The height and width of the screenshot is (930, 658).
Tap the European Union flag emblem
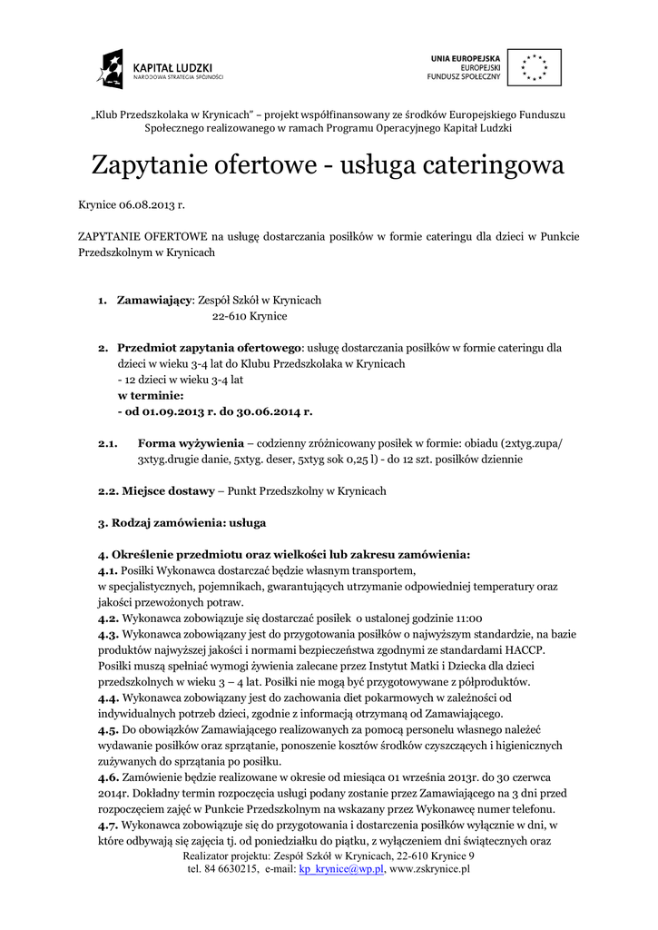pyautogui.click(x=533, y=66)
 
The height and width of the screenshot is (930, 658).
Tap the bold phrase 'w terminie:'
pyautogui.click(x=151, y=396)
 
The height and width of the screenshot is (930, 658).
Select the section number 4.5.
pyautogui.click(x=108, y=729)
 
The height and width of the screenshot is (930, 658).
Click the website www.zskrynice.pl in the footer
pyautogui.click(x=429, y=869)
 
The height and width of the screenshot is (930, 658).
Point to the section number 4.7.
pyautogui.click(x=108, y=825)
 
